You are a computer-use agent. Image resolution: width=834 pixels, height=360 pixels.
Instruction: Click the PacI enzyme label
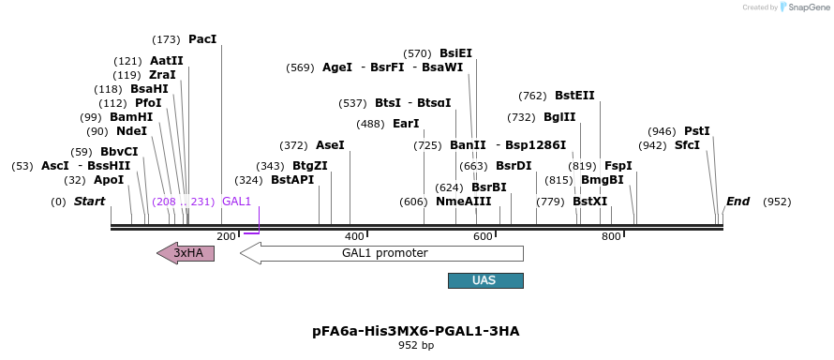(x=202, y=39)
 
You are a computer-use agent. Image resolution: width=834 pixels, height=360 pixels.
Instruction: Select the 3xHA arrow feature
(x=186, y=252)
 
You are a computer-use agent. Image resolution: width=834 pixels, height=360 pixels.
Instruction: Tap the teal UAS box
(x=485, y=280)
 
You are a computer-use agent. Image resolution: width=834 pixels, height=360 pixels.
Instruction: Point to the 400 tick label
(x=354, y=236)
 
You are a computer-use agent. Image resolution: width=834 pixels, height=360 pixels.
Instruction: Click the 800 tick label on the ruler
(x=611, y=236)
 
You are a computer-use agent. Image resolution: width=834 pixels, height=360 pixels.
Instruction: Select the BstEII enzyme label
(x=574, y=96)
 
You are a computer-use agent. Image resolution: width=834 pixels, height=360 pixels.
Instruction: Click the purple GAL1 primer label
(x=236, y=202)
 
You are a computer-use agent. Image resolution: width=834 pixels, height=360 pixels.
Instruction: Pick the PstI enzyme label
(x=697, y=131)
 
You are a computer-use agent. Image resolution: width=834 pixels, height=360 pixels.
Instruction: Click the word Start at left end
(x=89, y=202)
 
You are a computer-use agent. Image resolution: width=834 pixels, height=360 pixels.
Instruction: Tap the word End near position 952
(x=737, y=202)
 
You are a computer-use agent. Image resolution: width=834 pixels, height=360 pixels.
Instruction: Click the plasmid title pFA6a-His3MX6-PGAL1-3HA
(x=415, y=331)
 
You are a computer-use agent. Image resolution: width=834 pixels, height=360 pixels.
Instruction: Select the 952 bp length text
(x=415, y=345)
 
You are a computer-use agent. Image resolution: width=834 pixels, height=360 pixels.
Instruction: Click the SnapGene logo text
(x=806, y=7)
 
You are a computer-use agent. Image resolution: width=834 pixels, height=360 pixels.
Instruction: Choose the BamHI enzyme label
(x=131, y=117)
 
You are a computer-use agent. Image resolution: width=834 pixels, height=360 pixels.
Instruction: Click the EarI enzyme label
(x=406, y=124)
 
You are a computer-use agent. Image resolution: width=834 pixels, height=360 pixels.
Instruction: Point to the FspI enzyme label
(x=618, y=166)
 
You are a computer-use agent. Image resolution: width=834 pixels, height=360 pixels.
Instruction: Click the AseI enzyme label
(x=330, y=145)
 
